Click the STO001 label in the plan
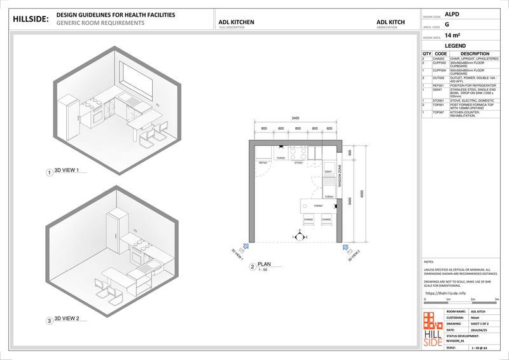[x=298, y=163]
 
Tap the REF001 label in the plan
[x=262, y=163]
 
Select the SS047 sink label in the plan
[x=328, y=172]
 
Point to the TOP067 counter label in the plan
[x=319, y=206]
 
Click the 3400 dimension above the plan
[x=296, y=118]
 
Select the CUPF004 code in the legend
[x=440, y=70]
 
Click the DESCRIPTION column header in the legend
[x=470, y=54]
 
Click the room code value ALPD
[x=452, y=13]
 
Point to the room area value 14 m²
[x=453, y=36]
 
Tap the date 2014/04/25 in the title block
[x=479, y=330]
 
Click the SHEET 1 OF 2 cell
[x=480, y=323]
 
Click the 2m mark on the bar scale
[x=472, y=299]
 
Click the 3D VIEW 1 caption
[x=67, y=172]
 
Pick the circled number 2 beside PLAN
[x=253, y=267]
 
